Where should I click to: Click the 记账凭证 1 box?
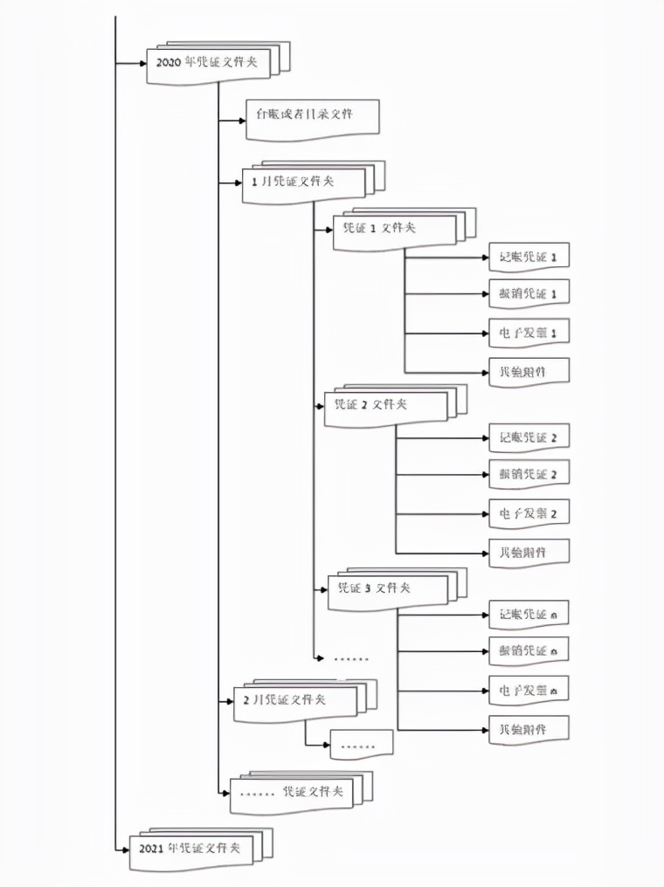click(529, 257)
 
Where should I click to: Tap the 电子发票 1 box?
click(529, 333)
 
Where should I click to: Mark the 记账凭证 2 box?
click(529, 437)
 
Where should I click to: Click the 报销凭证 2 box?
click(529, 474)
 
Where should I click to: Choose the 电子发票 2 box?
click(529, 513)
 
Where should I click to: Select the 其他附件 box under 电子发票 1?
click(529, 371)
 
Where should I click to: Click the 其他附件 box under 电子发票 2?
click(529, 553)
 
